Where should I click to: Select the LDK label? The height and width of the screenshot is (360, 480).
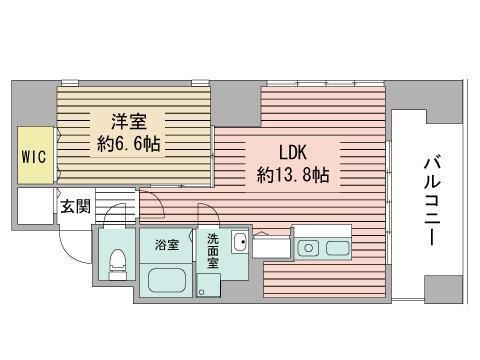point(293,153)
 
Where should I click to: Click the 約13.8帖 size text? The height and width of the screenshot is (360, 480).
point(293,174)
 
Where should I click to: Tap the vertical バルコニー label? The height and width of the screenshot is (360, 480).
point(432,200)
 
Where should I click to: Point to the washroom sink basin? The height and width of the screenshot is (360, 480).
point(238,243)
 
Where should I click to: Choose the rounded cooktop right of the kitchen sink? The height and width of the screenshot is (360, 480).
point(338,247)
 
